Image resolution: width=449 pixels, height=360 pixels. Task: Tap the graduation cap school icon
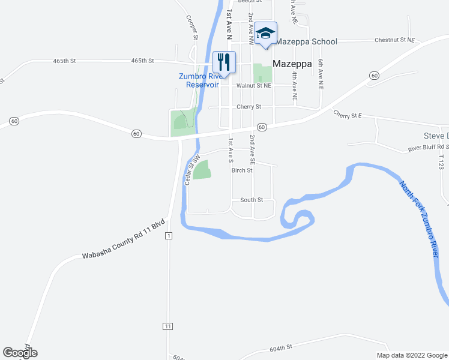click(x=265, y=32)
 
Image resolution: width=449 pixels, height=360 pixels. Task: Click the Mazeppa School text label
click(x=306, y=41)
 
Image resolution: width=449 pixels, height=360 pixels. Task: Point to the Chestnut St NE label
click(x=394, y=40)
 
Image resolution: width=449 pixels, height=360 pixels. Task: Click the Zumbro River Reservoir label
click(x=201, y=80)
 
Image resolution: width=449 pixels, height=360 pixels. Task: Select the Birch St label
click(x=242, y=170)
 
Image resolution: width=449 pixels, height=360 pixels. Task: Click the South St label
click(x=252, y=200)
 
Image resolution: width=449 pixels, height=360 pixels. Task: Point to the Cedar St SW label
click(x=191, y=170)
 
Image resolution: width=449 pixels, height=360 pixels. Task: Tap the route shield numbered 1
click(x=169, y=236)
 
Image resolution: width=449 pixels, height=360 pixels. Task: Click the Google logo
click(x=20, y=353)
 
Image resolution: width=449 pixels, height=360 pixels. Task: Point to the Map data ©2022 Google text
click(x=411, y=355)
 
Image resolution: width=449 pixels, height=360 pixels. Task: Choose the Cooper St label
click(x=191, y=28)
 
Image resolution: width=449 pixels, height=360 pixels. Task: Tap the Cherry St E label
click(x=348, y=114)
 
